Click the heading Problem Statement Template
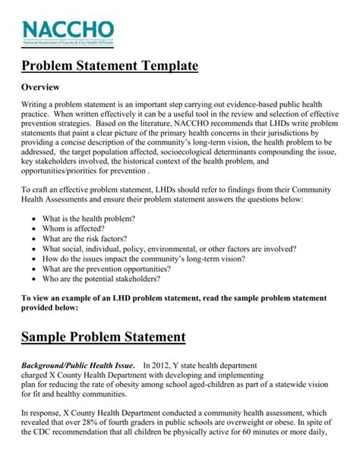109,67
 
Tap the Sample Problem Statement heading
103,337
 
